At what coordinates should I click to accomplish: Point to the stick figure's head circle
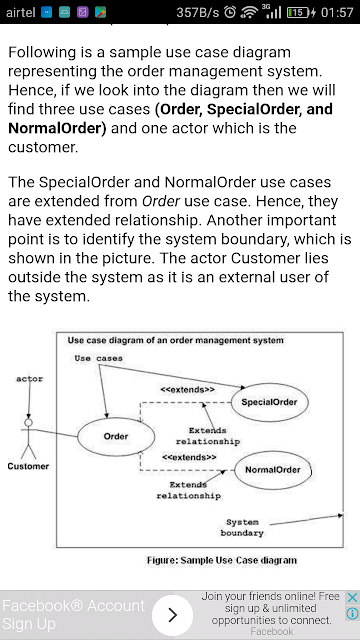coord(29,422)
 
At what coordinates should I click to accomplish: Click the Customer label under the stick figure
coord(28,466)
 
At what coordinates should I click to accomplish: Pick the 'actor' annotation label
coord(29,379)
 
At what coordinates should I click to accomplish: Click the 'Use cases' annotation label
coord(98,358)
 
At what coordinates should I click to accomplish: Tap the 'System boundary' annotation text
coord(242,527)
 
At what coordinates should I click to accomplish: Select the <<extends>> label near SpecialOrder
coord(187,390)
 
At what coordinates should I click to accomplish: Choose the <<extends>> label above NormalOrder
coord(189,457)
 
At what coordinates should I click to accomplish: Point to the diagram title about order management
coord(176,340)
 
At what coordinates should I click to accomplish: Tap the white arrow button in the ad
coord(172,615)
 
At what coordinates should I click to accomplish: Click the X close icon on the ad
coord(352,598)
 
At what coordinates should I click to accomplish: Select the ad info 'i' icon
coord(352,613)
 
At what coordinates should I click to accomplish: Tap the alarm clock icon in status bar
coord(230,13)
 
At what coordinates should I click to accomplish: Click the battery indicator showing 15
coord(298,13)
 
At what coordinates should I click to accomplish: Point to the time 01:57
coord(337,13)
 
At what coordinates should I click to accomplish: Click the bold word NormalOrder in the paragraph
coord(55,128)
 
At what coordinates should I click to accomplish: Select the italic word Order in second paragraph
coord(161,201)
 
